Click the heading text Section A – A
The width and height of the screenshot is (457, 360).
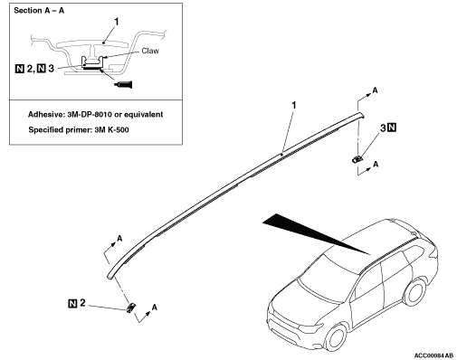pos(39,11)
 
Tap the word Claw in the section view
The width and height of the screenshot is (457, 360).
pos(150,51)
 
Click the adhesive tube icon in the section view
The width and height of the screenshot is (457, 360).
pos(123,84)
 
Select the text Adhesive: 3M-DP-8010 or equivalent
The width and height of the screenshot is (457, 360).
pos(95,115)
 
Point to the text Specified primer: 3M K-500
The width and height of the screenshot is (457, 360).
pos(79,130)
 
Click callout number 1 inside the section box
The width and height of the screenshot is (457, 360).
pos(117,22)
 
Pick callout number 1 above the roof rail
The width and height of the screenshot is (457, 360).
pos(294,105)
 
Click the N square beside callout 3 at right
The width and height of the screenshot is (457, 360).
pos(392,128)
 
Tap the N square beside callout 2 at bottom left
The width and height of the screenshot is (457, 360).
pos(72,303)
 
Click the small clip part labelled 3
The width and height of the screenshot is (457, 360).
pos(357,158)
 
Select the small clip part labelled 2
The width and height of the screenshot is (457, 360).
pos(130,308)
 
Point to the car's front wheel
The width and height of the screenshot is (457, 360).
pos(336,336)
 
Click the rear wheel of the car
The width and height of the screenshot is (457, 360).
pos(415,291)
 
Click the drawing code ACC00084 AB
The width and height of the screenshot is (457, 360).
pos(433,355)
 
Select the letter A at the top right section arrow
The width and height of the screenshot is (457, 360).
pos(375,90)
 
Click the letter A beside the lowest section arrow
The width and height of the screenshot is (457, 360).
pos(154,308)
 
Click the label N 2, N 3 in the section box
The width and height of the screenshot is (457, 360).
pos(34,69)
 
